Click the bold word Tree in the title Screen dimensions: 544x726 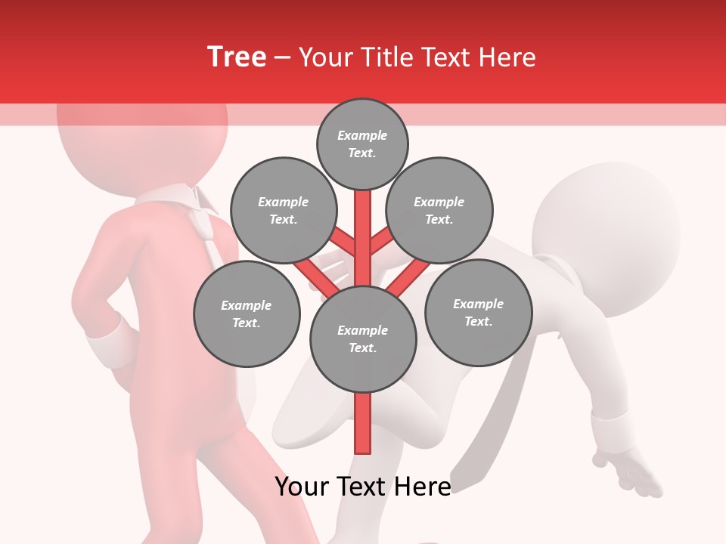click(237, 57)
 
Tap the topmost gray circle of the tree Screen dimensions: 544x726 click(362, 144)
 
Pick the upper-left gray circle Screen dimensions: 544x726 click(284, 211)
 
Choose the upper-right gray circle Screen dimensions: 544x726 click(439, 211)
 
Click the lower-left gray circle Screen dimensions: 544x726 click(247, 314)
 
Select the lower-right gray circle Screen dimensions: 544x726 click(478, 312)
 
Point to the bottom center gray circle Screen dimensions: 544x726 click(363, 339)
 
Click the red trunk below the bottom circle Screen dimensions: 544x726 click(363, 423)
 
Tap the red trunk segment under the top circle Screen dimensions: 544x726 click(363, 219)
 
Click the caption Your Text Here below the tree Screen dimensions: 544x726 click(363, 487)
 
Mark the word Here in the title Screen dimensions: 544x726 click(507, 57)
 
